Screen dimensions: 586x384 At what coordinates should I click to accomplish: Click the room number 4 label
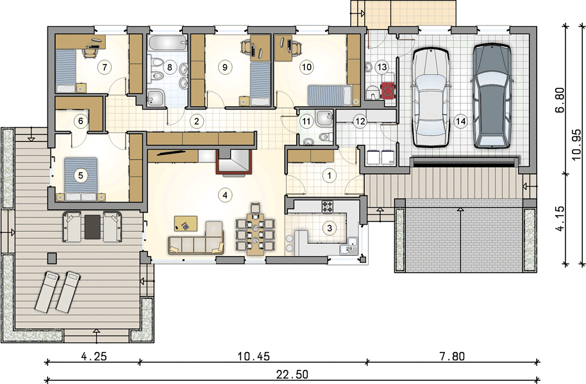(x=224, y=195)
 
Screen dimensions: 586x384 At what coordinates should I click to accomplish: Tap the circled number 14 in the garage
(x=461, y=121)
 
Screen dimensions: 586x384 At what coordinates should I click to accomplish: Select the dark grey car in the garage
(x=492, y=96)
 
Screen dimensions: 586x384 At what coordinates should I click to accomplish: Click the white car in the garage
(x=431, y=97)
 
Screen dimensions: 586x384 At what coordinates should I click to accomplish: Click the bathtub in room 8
(x=167, y=44)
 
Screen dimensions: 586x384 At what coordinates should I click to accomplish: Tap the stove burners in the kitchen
(x=328, y=207)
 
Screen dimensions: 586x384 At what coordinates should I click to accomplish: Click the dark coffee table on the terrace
(x=92, y=227)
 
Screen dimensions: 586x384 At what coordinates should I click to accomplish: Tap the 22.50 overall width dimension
(x=292, y=374)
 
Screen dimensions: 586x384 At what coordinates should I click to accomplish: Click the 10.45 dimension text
(x=253, y=356)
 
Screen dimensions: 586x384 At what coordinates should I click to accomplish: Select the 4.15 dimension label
(x=560, y=218)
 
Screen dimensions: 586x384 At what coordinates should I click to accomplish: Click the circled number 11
(x=306, y=121)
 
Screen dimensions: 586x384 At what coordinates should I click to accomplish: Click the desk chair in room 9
(x=247, y=47)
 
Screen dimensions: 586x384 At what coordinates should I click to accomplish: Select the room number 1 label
(x=330, y=175)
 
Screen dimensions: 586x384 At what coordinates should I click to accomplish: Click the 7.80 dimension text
(x=452, y=356)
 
